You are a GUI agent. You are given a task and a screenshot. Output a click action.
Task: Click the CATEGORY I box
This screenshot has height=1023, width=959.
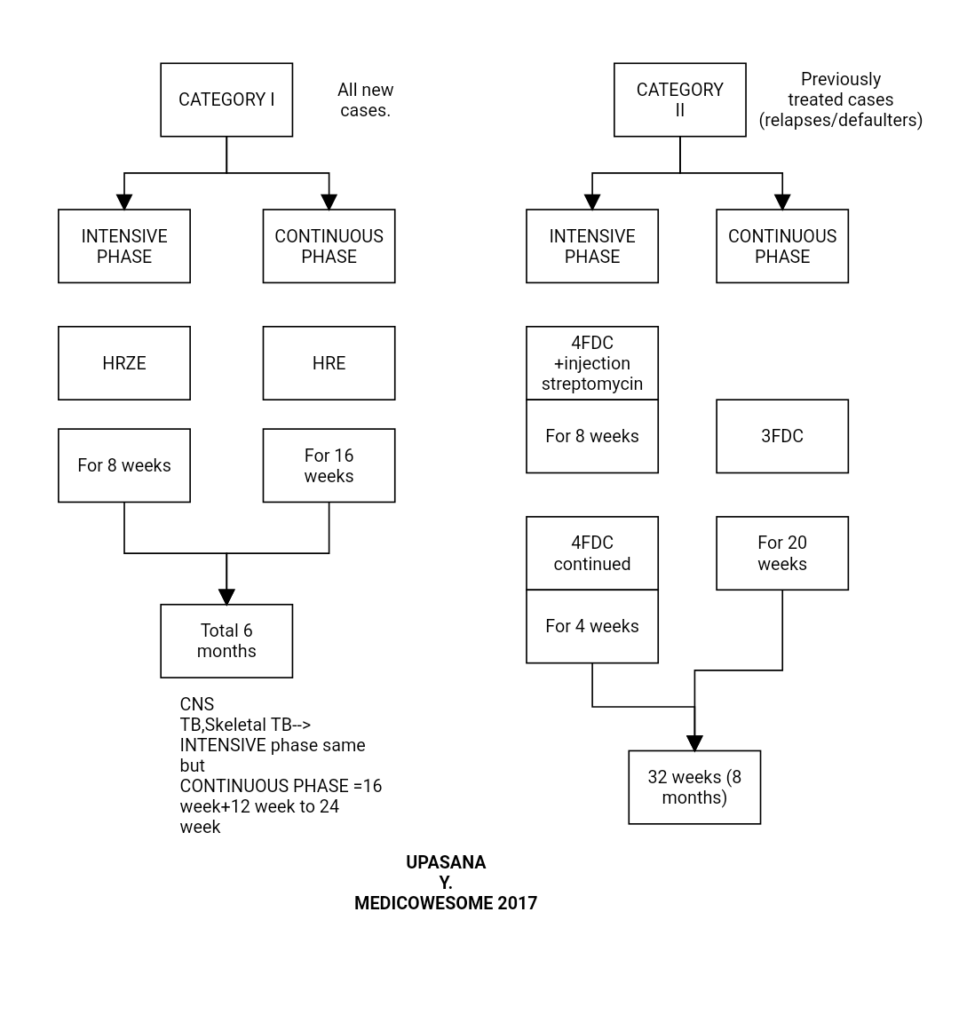[226, 99]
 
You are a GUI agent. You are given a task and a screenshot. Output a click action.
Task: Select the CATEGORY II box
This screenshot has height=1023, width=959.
[679, 99]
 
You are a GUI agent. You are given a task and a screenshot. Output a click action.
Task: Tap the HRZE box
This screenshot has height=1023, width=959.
[124, 363]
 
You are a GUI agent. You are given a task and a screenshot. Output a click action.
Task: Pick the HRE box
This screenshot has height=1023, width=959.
[329, 363]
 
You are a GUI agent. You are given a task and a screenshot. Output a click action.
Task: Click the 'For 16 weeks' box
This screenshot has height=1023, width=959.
[329, 465]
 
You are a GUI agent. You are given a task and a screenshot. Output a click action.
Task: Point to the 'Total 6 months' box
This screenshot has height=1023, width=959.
[226, 640]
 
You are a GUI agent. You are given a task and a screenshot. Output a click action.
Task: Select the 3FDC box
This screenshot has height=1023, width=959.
[781, 436]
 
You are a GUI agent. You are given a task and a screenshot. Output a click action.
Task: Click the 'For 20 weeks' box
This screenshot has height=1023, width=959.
[781, 553]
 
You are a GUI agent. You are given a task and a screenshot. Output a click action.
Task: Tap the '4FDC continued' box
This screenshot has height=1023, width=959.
[591, 553]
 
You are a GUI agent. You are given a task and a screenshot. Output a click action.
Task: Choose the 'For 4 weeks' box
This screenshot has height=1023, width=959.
[591, 626]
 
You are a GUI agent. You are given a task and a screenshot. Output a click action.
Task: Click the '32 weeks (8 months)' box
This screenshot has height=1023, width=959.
[694, 787]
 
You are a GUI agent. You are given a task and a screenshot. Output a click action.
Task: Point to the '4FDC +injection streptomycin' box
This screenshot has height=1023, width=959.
[591, 363]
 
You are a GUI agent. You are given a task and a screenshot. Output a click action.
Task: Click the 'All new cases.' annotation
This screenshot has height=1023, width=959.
[365, 99]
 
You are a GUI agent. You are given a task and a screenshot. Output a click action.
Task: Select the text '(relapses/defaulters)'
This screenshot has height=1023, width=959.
[840, 120]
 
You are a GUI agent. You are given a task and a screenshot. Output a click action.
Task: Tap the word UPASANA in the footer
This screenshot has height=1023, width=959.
[446, 862]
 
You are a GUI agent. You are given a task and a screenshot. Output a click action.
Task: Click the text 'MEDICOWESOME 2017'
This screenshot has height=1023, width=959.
[446, 903]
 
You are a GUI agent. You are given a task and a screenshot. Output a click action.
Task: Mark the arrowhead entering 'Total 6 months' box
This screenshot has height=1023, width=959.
[226, 597]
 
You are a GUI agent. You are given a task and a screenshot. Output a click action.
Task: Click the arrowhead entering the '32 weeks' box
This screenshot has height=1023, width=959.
[694, 743]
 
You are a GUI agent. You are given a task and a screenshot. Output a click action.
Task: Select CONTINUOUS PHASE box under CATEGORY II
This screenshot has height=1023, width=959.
[781, 246]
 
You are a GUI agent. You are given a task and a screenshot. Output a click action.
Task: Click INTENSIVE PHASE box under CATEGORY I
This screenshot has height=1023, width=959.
[124, 246]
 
